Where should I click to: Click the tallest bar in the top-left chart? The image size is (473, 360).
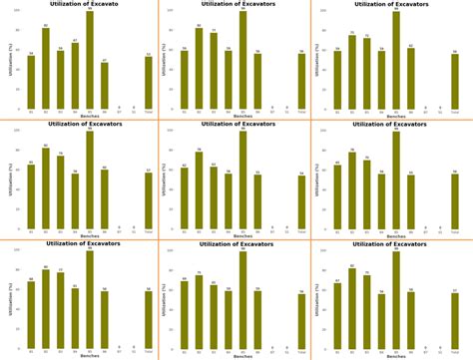(90, 60)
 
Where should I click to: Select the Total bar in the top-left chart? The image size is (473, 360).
(148, 83)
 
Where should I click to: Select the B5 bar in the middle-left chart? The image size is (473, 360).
(90, 180)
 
